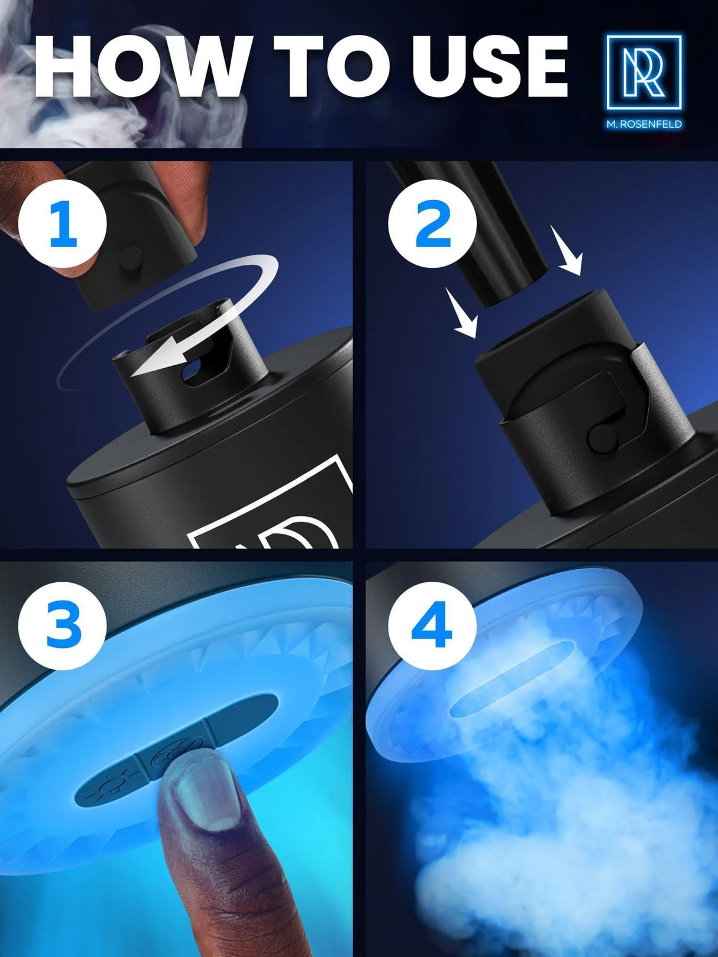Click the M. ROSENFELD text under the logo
pyautogui.click(x=644, y=124)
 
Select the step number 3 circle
pyautogui.click(x=63, y=625)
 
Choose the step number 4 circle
pyautogui.click(x=432, y=625)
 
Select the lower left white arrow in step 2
pyautogui.click(x=463, y=313)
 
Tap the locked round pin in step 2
pyautogui.click(x=602, y=437)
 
